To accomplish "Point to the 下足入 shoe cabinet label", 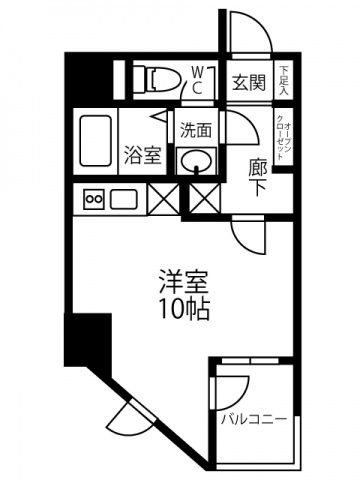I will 284,81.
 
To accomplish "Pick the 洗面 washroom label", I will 195,129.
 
